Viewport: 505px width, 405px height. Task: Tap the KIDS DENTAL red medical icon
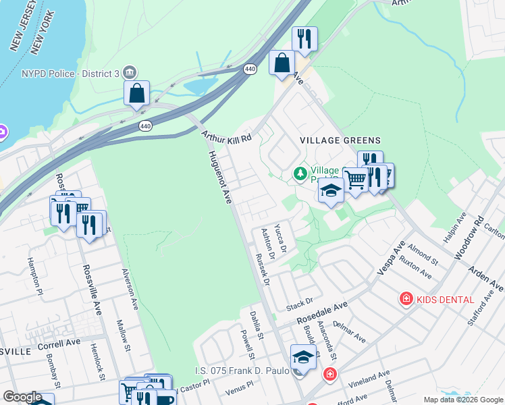[x=406, y=298]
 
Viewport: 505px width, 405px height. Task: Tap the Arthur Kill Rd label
[x=226, y=136]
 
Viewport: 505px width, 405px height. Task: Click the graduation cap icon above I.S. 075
[x=303, y=358]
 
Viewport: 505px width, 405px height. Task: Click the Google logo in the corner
[x=22, y=397]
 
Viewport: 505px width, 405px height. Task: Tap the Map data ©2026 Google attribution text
[x=462, y=400]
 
